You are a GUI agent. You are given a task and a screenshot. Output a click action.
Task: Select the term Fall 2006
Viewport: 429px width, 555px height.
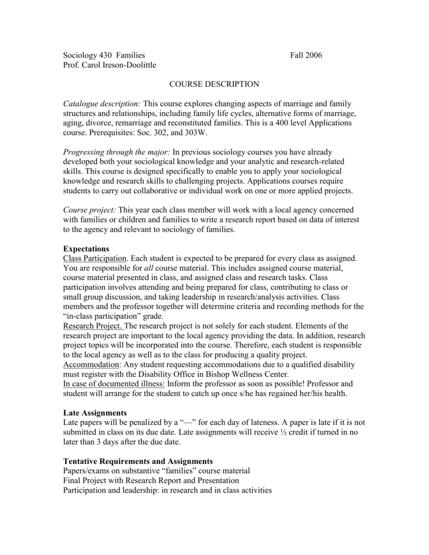pyautogui.click(x=306, y=55)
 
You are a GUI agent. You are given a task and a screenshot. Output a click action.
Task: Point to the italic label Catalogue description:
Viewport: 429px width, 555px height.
pyautogui.click(x=102, y=104)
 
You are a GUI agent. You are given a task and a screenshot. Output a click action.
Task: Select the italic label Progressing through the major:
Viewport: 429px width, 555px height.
pyautogui.click(x=116, y=152)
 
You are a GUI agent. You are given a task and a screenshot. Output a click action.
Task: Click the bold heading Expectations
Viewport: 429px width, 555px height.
pyautogui.click(x=87, y=249)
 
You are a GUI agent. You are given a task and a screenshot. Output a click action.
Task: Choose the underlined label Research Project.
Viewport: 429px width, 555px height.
pyautogui.click(x=93, y=326)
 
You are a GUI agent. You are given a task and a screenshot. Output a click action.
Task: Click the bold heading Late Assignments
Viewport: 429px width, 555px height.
pyautogui.click(x=95, y=414)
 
